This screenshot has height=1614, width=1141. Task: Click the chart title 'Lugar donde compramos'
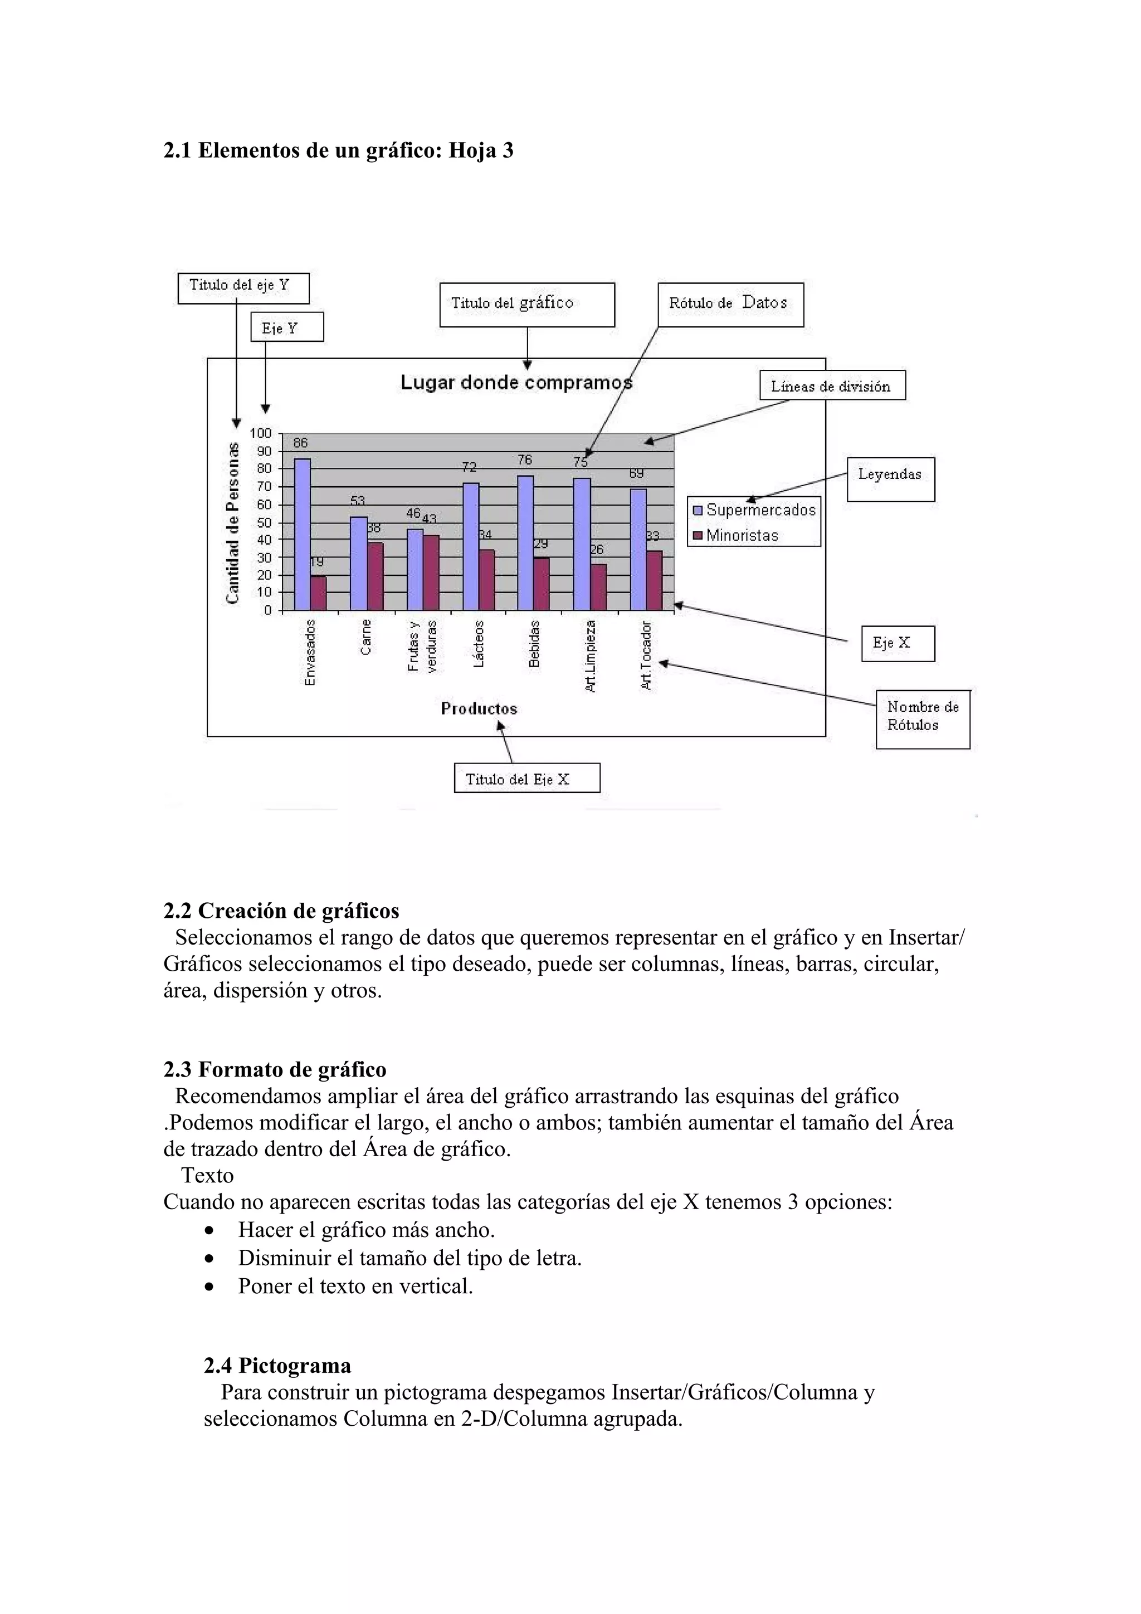coord(516,383)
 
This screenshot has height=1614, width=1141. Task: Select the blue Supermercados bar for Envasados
coord(303,534)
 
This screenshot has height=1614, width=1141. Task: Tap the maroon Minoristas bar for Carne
coord(376,576)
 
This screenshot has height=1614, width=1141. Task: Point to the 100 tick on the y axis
coord(260,433)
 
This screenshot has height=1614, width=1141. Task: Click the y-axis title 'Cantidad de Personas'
coord(233,522)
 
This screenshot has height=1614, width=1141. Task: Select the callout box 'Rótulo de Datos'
coord(730,305)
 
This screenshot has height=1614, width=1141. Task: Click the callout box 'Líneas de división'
coord(832,386)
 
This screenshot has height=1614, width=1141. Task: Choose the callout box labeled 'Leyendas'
coord(890,479)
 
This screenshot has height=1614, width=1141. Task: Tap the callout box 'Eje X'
coord(898,643)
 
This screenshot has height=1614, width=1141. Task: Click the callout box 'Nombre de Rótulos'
coord(923,718)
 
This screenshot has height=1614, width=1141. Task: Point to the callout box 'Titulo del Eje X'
coord(526,778)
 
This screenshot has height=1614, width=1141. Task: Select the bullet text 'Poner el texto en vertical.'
coord(355,1287)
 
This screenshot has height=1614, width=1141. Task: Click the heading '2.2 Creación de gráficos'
coord(281,911)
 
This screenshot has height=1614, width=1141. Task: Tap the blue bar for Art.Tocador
coord(638,550)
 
